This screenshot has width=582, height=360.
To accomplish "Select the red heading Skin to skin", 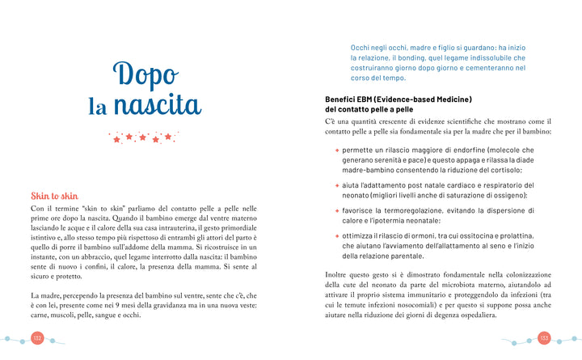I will point(54,196).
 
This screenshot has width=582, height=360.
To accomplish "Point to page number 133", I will point(544,337).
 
